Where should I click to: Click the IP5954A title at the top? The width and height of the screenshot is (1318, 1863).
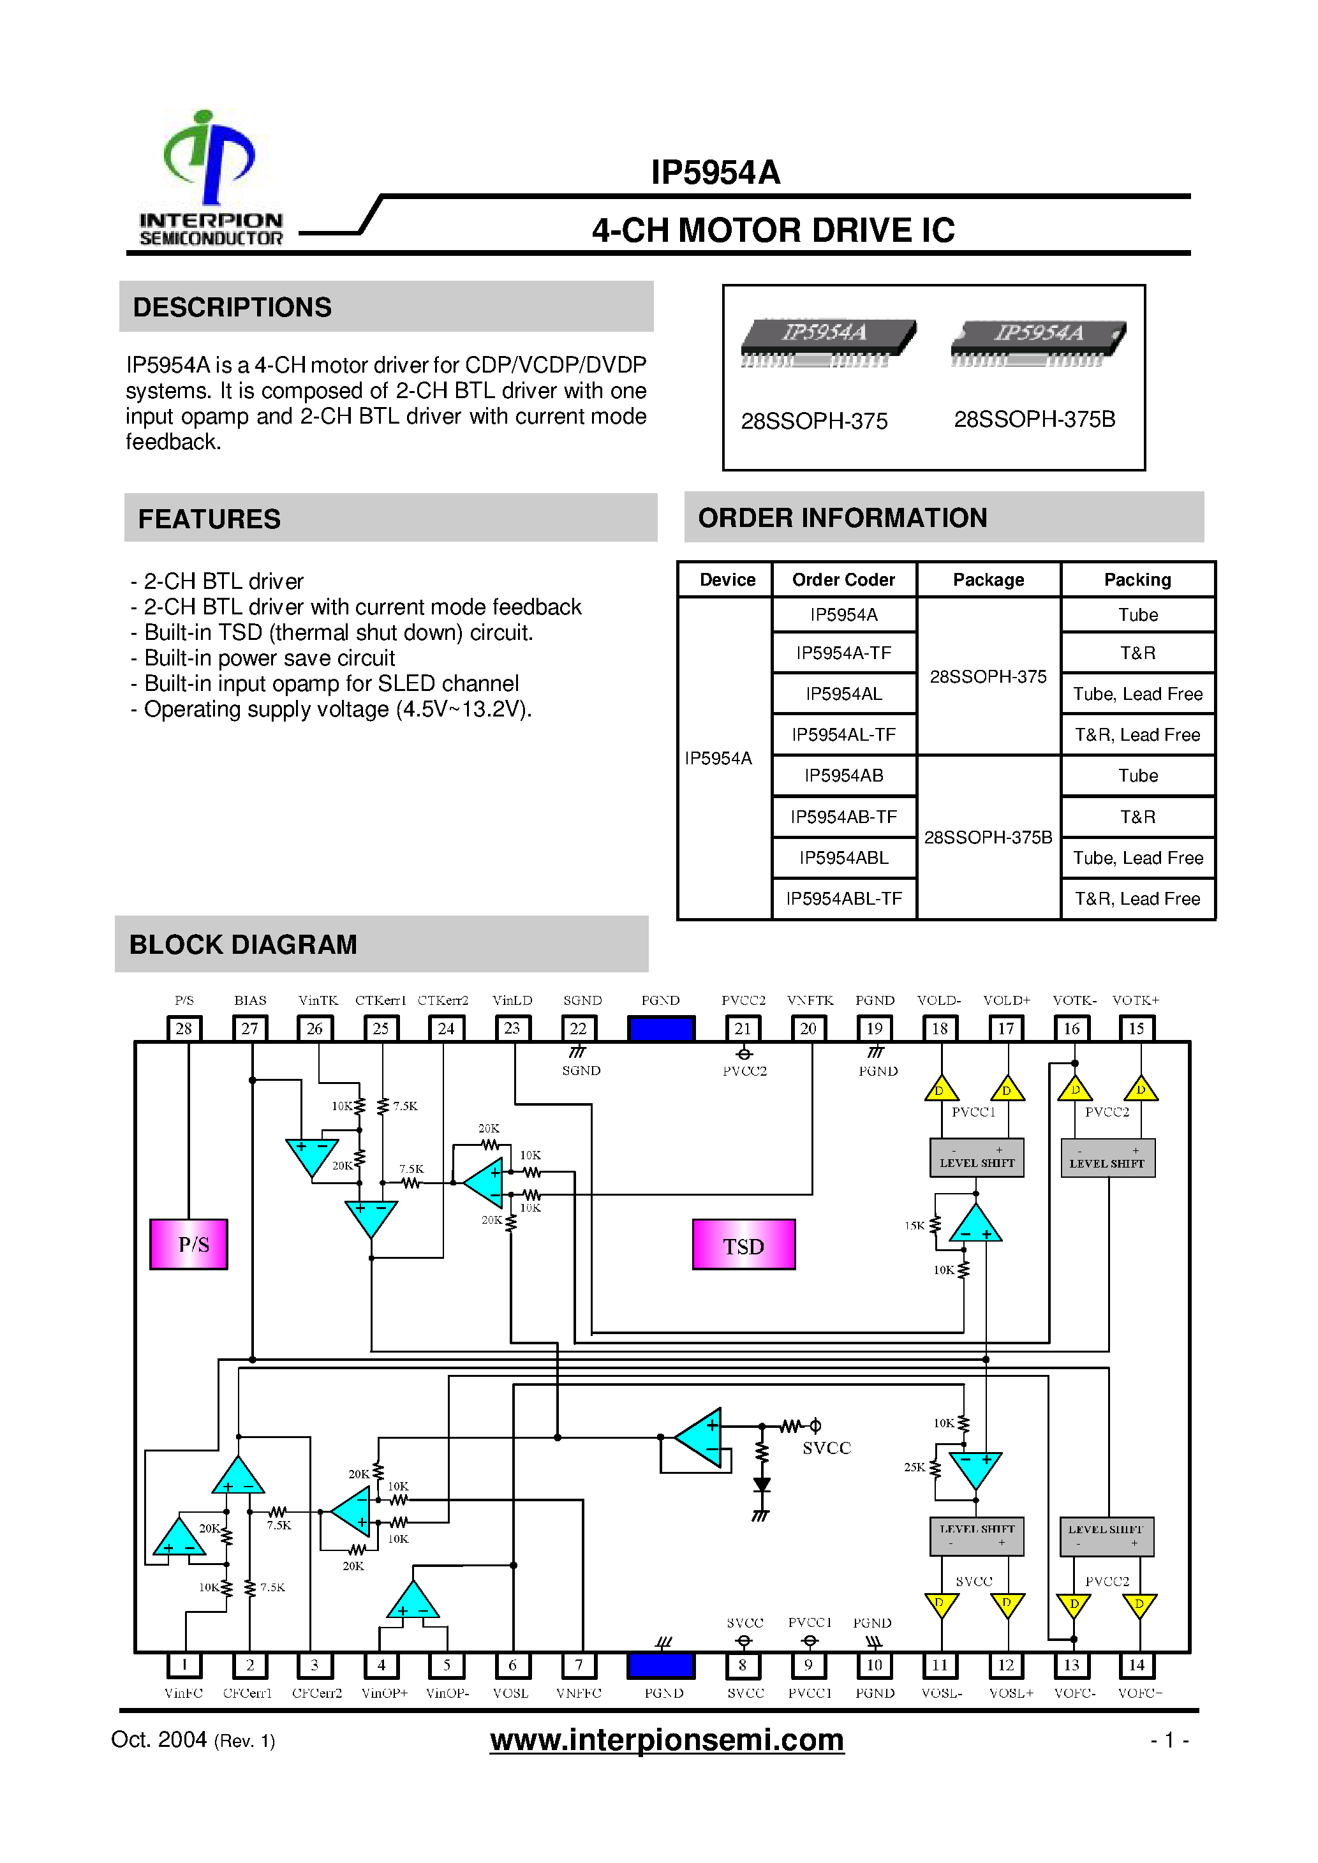coord(715,173)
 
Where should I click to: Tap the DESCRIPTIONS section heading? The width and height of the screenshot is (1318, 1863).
coord(232,308)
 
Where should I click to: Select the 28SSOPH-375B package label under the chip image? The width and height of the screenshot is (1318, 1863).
coord(1034,420)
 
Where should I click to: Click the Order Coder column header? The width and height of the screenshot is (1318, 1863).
coord(843,579)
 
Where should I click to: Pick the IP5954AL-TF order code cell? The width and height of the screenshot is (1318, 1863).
coord(843,734)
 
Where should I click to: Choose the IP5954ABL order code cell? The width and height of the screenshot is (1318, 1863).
coord(843,857)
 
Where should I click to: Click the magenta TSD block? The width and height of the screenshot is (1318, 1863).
coord(743,1245)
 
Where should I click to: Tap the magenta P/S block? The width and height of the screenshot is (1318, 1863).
coord(189,1244)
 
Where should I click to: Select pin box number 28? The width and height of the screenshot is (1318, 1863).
coord(184,1028)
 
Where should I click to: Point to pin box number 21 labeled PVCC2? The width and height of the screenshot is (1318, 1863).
coord(743,1028)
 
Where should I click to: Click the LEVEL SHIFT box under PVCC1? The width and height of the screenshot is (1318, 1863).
coord(976,1158)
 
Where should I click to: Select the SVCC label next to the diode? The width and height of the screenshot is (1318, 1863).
coord(826,1448)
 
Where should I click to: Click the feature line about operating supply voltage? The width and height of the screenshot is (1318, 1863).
coord(337,709)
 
